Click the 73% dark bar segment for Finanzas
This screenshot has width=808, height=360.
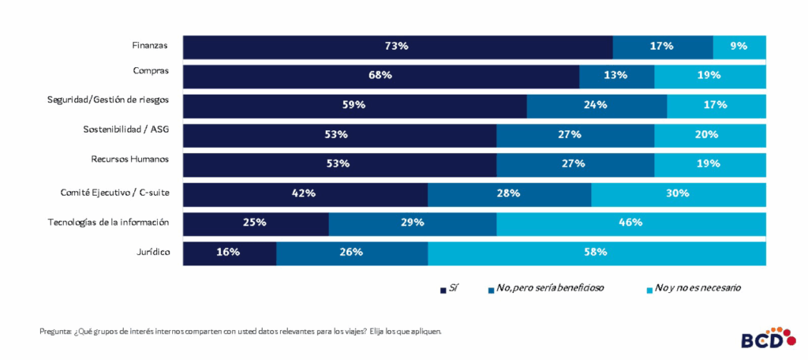[397, 47]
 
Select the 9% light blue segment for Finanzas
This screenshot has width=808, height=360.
[739, 47]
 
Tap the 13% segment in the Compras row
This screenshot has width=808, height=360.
[616, 76]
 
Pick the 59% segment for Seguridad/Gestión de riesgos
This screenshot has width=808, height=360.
[354, 105]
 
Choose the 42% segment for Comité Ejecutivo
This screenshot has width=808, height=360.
[305, 193]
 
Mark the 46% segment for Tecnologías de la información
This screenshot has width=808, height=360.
[630, 223]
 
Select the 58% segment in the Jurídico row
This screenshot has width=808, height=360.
[596, 253]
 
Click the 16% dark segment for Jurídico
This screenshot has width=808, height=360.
[229, 253]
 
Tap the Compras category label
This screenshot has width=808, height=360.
[151, 71]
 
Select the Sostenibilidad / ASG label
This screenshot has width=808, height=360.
[126, 129]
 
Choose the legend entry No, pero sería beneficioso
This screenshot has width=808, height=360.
[548, 288]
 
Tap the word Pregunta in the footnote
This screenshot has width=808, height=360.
[54, 332]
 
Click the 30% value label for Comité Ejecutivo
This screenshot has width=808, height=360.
[678, 193]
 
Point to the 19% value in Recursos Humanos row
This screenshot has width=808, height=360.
[709, 164]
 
